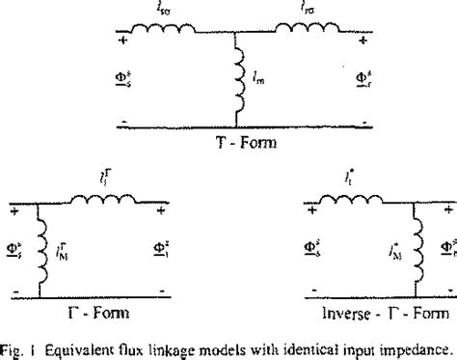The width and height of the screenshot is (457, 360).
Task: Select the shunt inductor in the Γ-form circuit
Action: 39,254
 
